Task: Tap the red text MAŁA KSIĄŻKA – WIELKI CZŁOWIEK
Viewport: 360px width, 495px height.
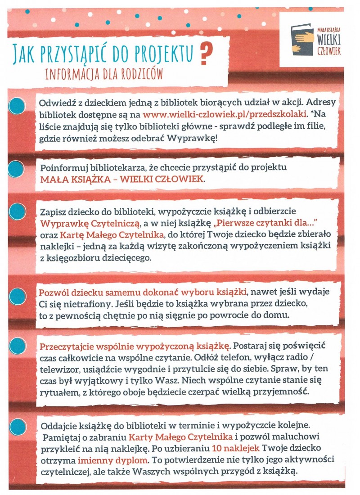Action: [122, 180]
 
